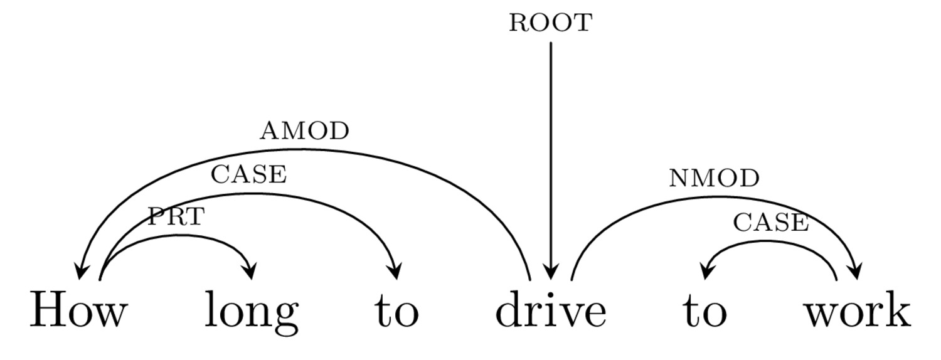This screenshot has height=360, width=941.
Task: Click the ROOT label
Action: [551, 23]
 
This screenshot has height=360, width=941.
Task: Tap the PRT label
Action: [176, 217]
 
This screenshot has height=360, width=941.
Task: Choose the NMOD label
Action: [714, 178]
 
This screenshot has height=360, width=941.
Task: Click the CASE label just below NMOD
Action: [771, 222]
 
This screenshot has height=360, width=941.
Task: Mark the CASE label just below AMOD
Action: [248, 174]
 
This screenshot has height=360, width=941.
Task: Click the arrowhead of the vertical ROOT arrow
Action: [551, 272]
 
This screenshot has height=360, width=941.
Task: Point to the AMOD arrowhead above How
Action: [80, 272]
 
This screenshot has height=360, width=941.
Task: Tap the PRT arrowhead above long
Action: [250, 271]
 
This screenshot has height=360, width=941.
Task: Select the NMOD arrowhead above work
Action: [856, 271]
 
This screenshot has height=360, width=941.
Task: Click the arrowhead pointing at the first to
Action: [395, 271]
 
